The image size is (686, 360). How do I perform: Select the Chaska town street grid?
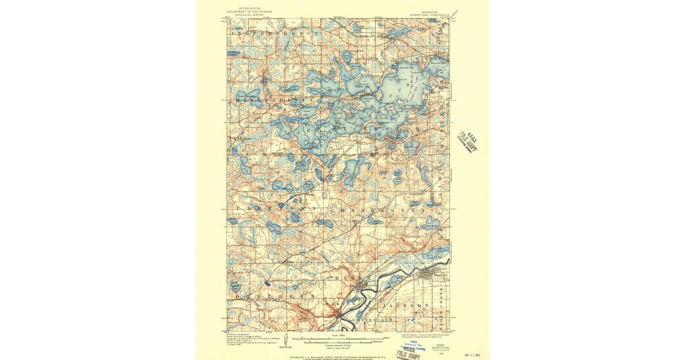click(x=358, y=284)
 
